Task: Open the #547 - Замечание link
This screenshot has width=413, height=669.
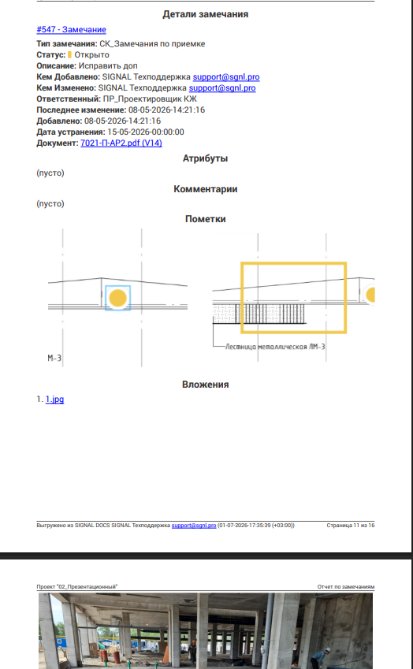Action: coord(71,29)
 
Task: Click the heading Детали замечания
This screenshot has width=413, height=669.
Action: coord(205,14)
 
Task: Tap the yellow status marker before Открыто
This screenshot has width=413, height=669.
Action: coord(69,54)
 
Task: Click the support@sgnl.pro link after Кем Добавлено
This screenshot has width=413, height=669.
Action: coord(226,76)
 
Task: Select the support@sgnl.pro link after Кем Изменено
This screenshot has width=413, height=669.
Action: coord(222,88)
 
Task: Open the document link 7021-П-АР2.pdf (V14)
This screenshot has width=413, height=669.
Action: coord(121,143)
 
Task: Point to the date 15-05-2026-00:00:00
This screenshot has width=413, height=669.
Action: coord(146,132)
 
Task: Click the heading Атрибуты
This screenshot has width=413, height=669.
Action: coord(205,158)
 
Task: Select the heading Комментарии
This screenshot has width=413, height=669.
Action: coord(205,189)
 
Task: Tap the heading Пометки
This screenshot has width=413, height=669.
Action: coord(205,219)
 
